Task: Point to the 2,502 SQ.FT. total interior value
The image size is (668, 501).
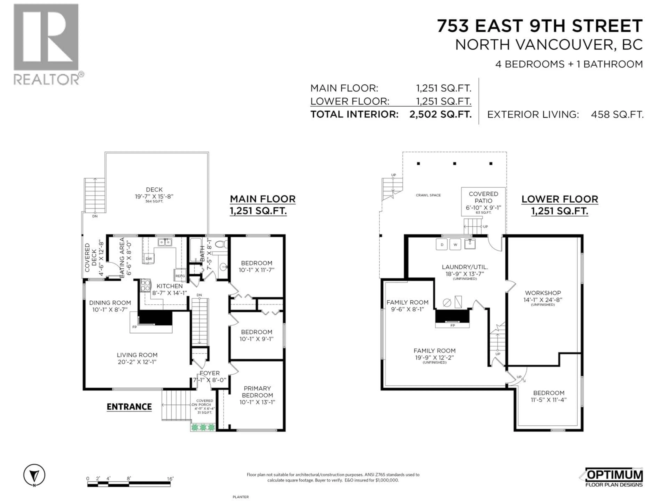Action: click(x=440, y=114)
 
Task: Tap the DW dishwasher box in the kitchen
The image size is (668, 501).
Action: click(x=149, y=259)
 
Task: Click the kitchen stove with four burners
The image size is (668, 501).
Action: click(x=145, y=285)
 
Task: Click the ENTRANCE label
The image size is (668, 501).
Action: click(x=129, y=407)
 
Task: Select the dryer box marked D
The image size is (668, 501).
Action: click(x=442, y=244)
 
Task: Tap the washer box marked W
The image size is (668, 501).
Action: click(x=455, y=244)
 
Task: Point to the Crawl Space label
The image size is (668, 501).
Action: click(x=428, y=195)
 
